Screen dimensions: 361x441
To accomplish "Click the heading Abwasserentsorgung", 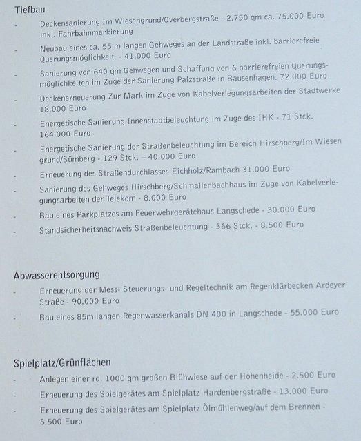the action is coord(57,275).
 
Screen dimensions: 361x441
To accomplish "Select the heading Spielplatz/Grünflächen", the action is coord(62,362).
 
